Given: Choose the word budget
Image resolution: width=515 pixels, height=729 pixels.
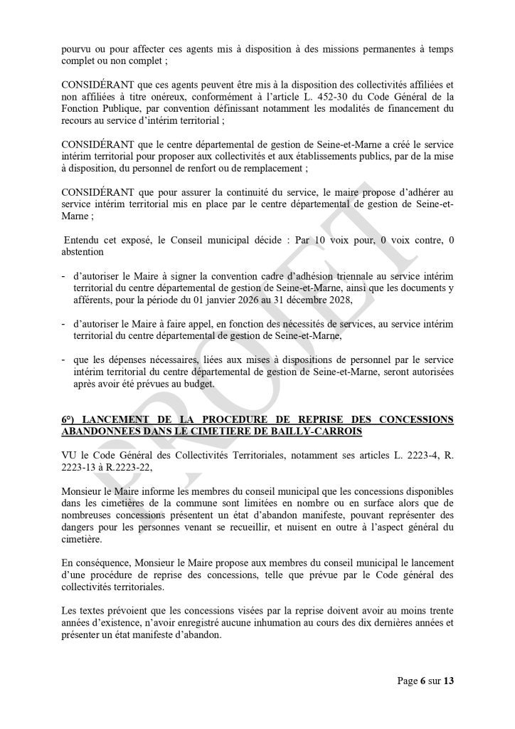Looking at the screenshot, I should point(207,384).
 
